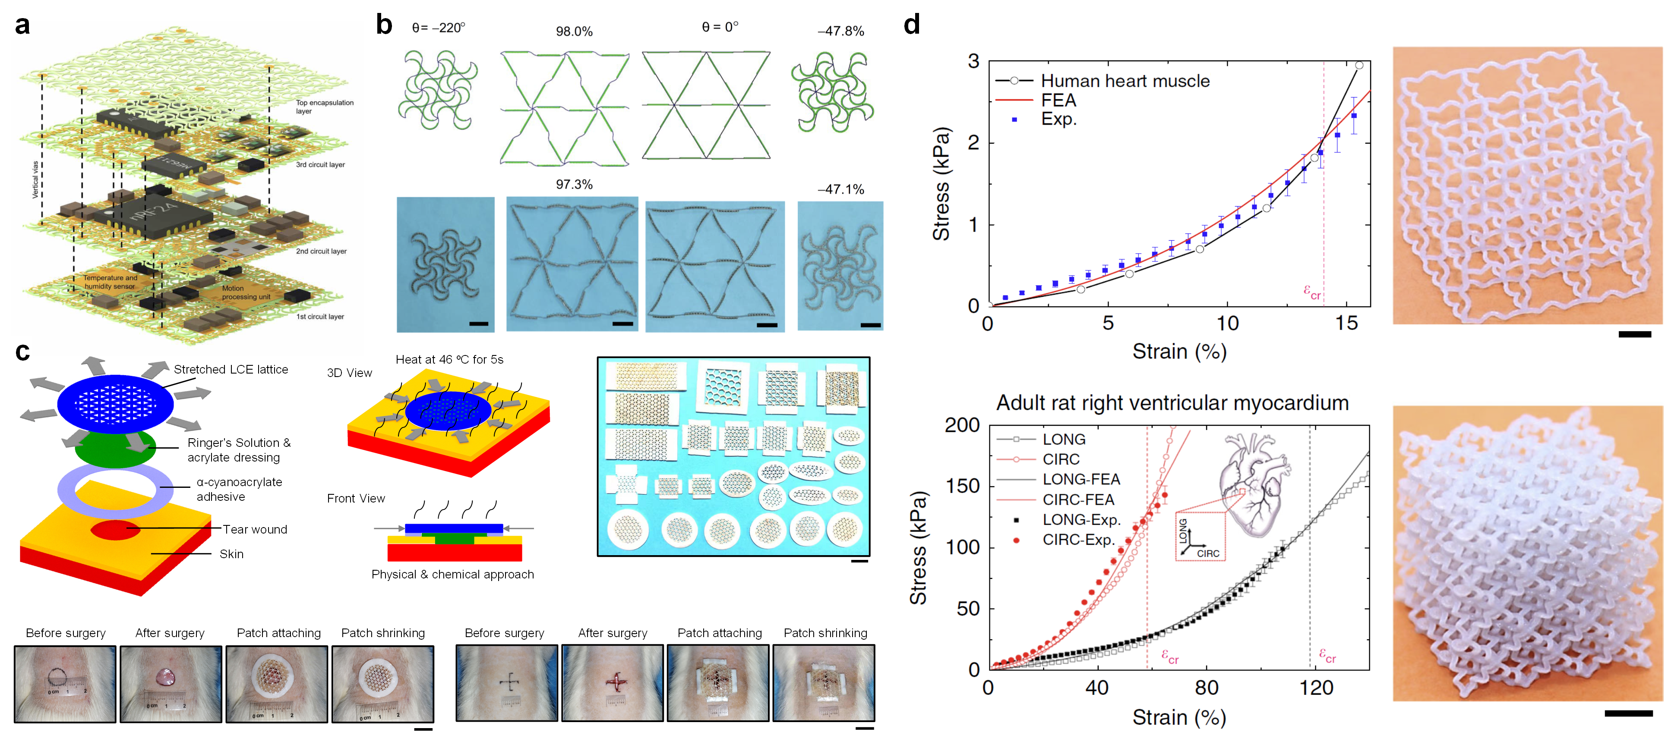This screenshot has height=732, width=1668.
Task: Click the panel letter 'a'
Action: [x=22, y=26]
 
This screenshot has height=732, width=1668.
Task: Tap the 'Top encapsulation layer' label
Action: [x=325, y=107]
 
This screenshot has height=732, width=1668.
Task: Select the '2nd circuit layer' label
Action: [x=321, y=251]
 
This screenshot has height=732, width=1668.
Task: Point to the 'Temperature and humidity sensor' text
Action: [x=110, y=282]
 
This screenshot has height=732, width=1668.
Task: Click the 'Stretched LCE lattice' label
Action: [x=231, y=370]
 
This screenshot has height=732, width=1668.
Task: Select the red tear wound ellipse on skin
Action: [x=115, y=529]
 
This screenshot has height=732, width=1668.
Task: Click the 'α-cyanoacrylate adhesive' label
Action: [x=239, y=489]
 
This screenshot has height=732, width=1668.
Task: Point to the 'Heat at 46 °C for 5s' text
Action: [x=449, y=360]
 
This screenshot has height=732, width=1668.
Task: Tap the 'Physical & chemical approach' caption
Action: [x=452, y=575]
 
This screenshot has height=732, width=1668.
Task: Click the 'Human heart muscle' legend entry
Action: [x=1125, y=81]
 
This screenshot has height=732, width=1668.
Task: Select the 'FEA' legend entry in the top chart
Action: [x=1058, y=101]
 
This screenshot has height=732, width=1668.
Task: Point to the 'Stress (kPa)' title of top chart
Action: [x=941, y=185]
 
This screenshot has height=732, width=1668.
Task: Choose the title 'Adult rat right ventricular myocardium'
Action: [x=1172, y=403]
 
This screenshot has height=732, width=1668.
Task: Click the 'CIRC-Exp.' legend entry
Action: [x=1077, y=540]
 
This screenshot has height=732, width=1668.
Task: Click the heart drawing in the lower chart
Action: [x=1253, y=485]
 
